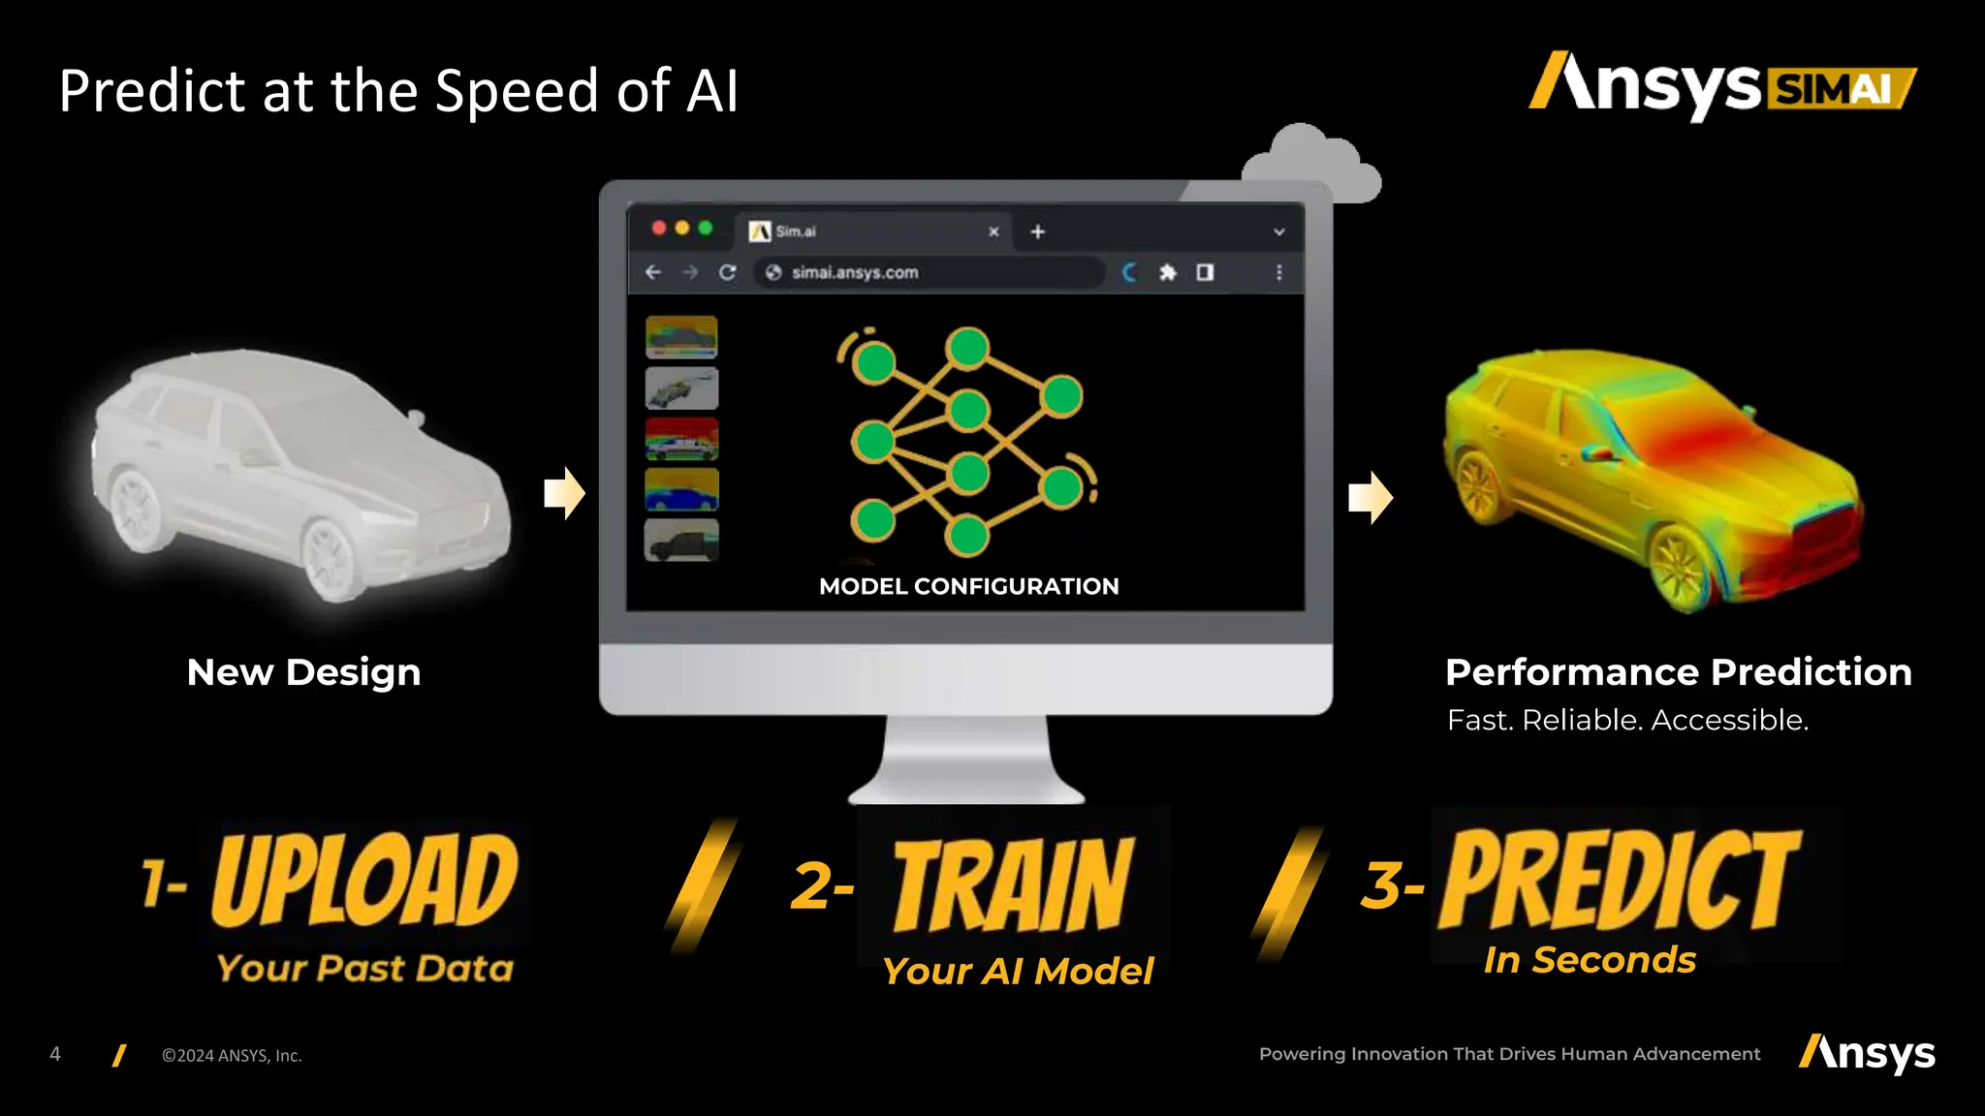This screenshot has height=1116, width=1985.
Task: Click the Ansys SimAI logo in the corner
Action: tap(1721, 85)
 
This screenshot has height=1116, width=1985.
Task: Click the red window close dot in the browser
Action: tap(659, 228)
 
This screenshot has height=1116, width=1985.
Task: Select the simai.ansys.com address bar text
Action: tap(855, 273)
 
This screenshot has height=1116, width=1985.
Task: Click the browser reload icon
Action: tap(728, 273)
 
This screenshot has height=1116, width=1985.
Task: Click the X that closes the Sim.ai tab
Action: tap(993, 232)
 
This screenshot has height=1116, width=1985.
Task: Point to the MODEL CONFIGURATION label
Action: tap(968, 586)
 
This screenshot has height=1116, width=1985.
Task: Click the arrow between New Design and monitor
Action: tap(564, 493)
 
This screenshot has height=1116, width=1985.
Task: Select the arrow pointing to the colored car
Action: tap(1370, 497)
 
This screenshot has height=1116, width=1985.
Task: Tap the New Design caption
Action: tap(303, 672)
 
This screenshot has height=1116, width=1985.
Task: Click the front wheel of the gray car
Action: tap(331, 560)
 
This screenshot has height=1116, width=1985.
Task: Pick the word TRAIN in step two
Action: tap(1012, 884)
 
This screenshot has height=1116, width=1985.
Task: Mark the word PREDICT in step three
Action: tap(1620, 880)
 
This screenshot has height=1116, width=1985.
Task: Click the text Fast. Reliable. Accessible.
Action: tap(1627, 721)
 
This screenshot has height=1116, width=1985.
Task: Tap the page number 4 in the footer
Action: tap(55, 1054)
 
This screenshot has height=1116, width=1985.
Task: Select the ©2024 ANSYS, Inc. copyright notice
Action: tap(232, 1056)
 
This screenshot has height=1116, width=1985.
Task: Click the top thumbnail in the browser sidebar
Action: tap(681, 337)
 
